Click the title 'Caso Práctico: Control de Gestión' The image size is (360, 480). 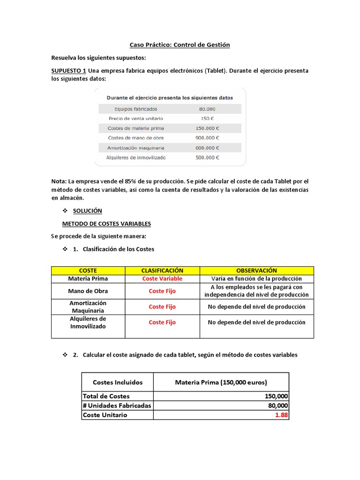coord(180,45)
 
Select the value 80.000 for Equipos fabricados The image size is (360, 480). coord(207,109)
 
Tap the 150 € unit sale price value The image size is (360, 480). coord(207,119)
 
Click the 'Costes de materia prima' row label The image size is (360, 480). coord(136,128)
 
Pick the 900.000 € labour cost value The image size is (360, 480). coord(207,138)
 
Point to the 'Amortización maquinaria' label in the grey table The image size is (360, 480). coord(136,148)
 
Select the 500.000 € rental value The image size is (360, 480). coord(207,157)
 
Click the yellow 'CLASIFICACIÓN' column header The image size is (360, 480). coord(162,270)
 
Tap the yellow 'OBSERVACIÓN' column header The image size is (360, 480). coord(256,270)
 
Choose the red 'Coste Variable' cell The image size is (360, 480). coord(162,278)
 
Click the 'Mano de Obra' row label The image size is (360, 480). coord(88,291)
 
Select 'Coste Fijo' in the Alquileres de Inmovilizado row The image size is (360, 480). coord(162,322)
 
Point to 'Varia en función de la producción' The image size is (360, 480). coord(256,278)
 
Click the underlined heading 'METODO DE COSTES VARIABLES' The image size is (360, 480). coord(106,224)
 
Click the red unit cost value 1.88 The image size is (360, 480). coord(281,415)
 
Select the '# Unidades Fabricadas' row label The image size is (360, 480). coord(117,405)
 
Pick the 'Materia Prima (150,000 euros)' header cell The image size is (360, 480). coord(221,382)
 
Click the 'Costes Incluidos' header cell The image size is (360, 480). coord(118,382)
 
